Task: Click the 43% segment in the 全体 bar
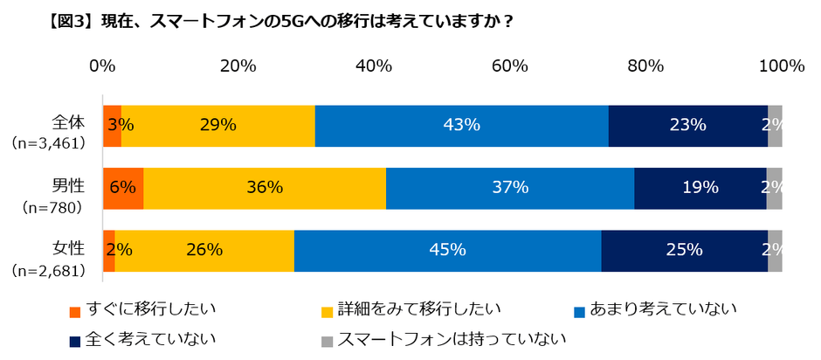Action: point(461,125)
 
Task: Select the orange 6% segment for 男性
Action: point(123,187)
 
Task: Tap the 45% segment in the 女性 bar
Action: point(447,250)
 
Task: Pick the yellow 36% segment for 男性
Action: point(265,187)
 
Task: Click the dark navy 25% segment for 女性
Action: point(684,250)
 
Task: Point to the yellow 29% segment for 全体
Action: point(217,125)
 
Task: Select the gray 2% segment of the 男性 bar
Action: point(774,187)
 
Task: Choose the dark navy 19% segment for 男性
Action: point(700,187)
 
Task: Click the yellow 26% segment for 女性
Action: point(204,250)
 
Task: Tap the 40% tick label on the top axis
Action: point(374,66)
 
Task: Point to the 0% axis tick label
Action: point(103,66)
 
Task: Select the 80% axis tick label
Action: point(645,66)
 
